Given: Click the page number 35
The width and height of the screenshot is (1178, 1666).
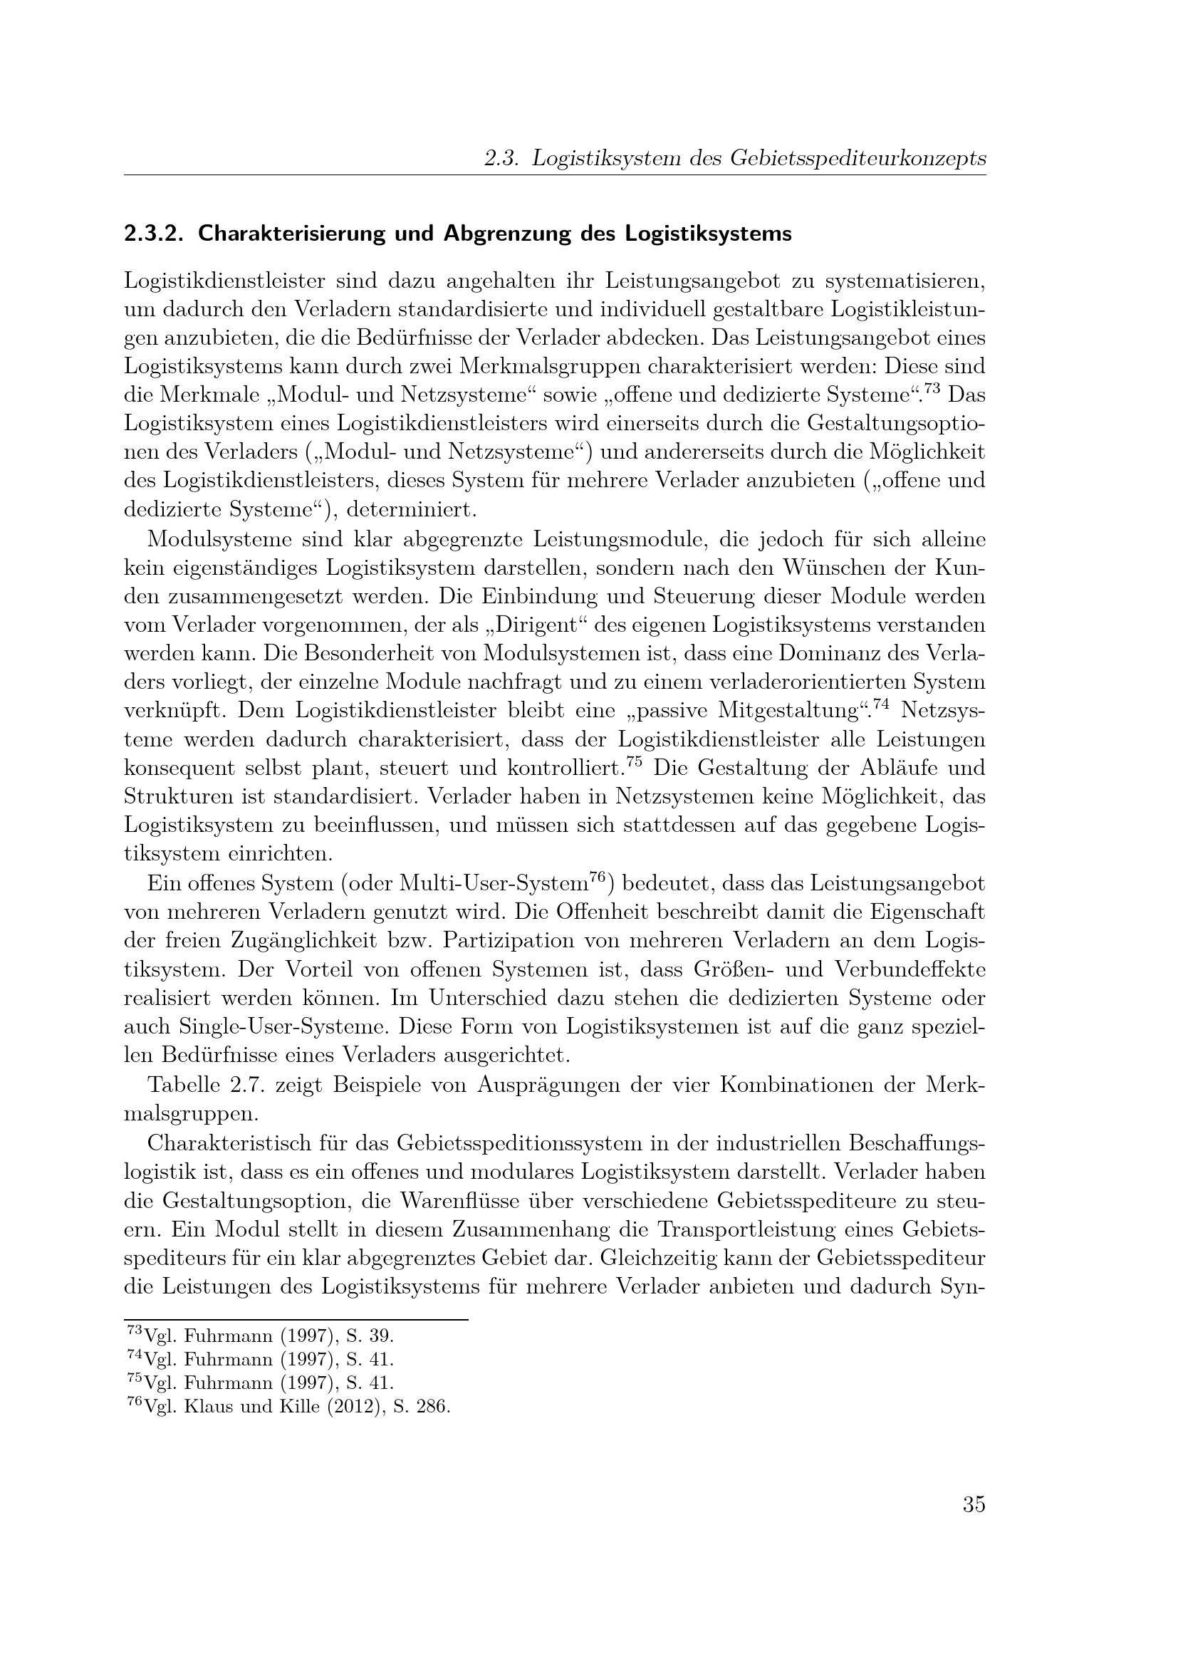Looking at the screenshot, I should (974, 1505).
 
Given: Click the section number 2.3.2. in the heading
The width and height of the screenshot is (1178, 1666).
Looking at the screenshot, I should (155, 234).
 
